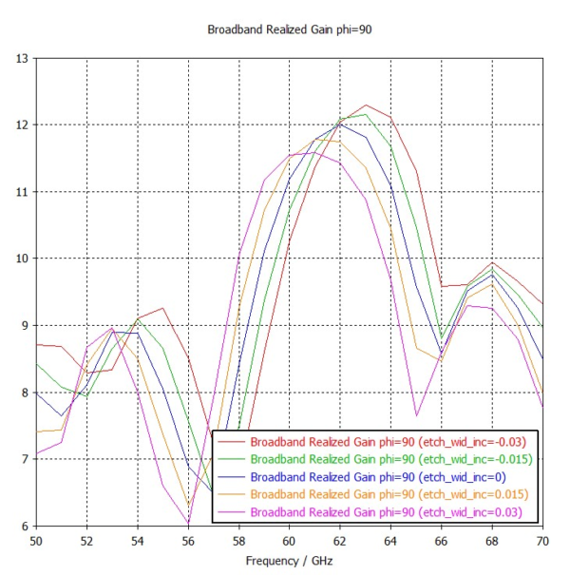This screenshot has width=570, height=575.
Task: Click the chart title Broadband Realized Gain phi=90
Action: pos(289,29)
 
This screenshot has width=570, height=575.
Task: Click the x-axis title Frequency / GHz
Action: pos(289,562)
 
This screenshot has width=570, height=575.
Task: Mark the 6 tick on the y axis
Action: pos(24,527)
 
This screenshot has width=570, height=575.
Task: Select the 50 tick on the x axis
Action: pos(36,541)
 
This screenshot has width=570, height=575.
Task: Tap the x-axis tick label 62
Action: pos(339,541)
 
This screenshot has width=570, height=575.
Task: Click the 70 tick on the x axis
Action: pos(541,541)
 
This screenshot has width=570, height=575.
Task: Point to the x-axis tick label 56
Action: pos(188,541)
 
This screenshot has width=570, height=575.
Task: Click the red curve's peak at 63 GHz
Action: pos(365,105)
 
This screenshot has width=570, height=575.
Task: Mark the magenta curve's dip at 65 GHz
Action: pos(416,415)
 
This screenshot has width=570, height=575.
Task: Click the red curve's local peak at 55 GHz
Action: pos(163,309)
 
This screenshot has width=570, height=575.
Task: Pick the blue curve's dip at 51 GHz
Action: pos(62,415)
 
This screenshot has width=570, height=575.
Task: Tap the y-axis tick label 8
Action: pos(24,393)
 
